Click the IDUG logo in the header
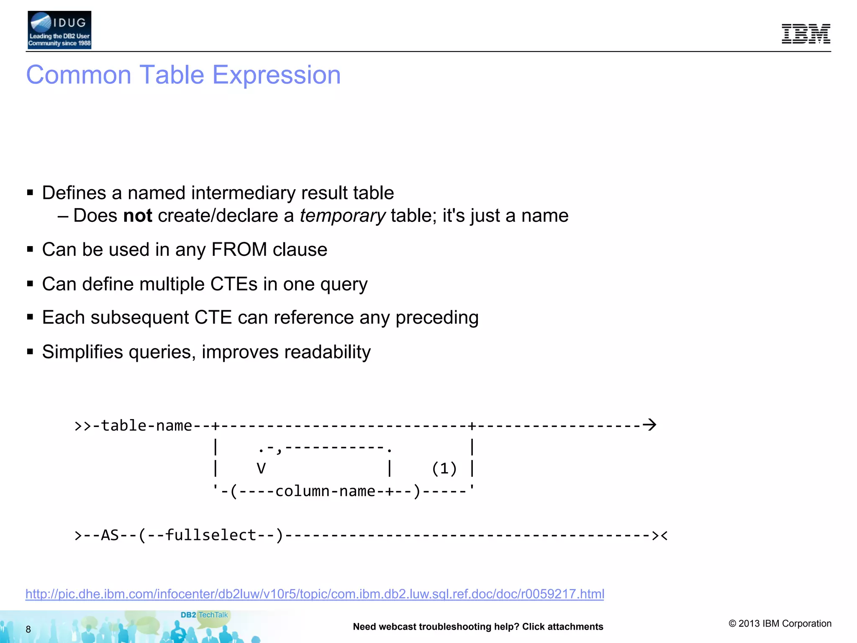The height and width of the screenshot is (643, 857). (59, 30)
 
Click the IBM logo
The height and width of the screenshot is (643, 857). (806, 34)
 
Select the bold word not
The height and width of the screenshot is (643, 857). (138, 216)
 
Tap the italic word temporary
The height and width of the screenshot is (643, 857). (342, 216)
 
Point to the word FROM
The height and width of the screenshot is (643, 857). (239, 249)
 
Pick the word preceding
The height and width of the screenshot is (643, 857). (436, 318)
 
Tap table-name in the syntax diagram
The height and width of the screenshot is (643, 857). (146, 426)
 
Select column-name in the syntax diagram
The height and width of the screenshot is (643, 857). (325, 491)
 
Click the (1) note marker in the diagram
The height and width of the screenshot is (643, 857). (444, 468)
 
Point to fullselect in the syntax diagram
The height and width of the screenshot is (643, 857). (210, 535)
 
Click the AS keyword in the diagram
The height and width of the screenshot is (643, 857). (110, 535)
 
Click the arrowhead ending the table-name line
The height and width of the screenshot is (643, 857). (649, 425)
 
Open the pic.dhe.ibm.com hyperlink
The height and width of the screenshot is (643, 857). (315, 594)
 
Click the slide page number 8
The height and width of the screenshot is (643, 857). (28, 629)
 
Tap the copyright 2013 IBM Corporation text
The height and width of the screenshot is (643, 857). (780, 623)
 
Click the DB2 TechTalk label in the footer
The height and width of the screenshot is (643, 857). (204, 615)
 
